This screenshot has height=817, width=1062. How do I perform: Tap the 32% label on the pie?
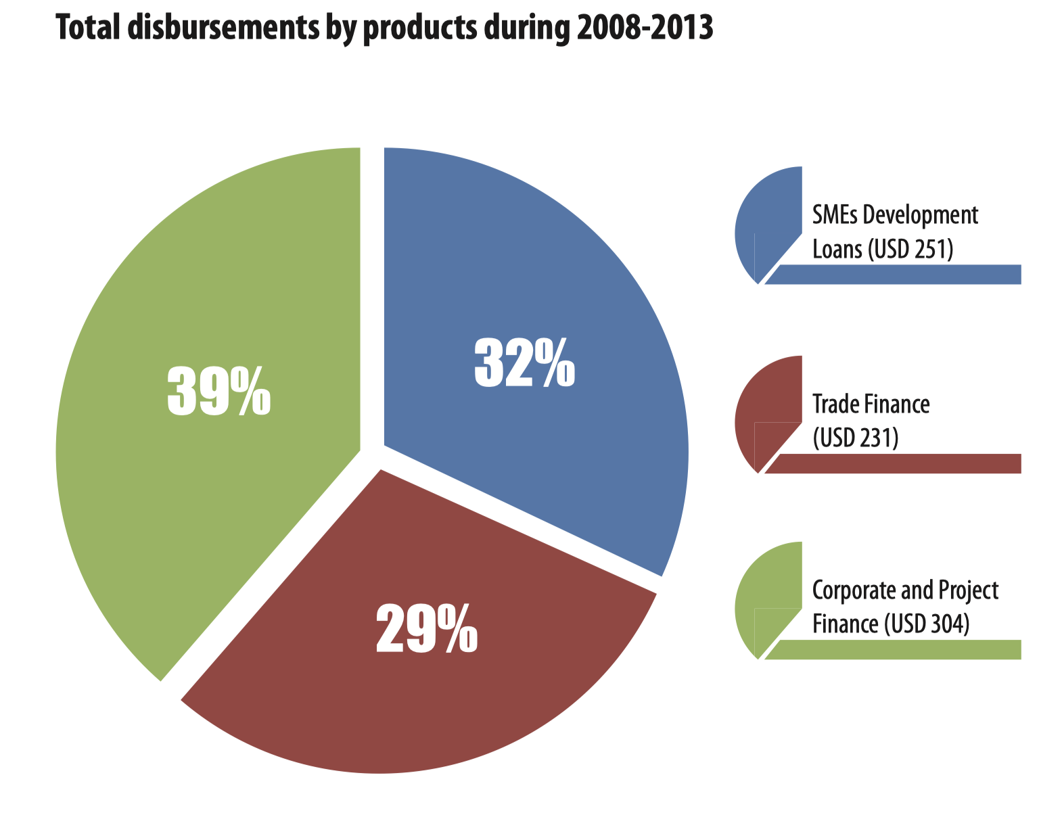524,364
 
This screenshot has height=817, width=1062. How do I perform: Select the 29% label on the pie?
426,630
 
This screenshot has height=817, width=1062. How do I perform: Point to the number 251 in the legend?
932,250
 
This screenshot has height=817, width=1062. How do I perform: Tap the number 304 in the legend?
948,624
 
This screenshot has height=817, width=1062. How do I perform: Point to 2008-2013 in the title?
644,28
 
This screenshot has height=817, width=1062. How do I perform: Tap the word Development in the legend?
921,216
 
